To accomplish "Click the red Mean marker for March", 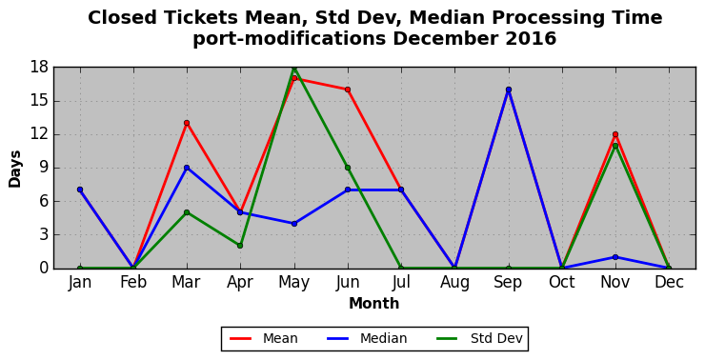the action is pos(187,123).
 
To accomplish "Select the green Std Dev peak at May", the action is pos(294,68).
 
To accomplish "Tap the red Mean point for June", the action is pos(348,90).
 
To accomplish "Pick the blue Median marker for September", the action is pos(509,90).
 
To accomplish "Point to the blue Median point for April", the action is pos(240,212).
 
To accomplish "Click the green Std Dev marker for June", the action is pos(348,168).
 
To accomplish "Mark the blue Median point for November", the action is pos(615,257).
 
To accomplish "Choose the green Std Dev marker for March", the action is pos(187,212).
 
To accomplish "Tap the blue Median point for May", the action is pos(294,224).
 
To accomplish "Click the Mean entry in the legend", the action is pos(264,338).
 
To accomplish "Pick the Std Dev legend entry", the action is pos(480,338).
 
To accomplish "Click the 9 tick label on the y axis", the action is pos(44,168).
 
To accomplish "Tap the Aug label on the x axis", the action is pos(454,283).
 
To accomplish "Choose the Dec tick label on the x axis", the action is pos(669,282).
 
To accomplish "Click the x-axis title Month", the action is pos(374,304).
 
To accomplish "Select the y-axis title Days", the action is pos(15,169).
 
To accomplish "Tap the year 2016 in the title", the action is pos(531,39).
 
